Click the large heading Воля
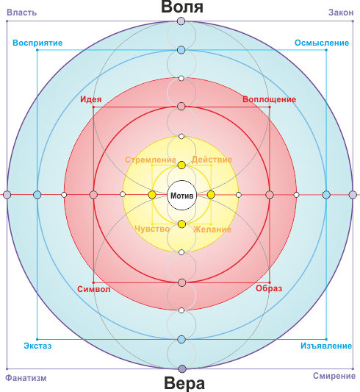click(x=182, y=7)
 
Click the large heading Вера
click(x=184, y=383)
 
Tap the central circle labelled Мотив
click(x=181, y=195)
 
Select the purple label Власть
click(x=22, y=13)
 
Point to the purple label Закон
click(x=341, y=13)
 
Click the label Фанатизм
click(x=26, y=378)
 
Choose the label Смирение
click(x=334, y=376)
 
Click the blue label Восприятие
click(x=37, y=43)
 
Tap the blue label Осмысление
click(x=322, y=43)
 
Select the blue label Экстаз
click(x=37, y=346)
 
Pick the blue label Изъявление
click(x=326, y=346)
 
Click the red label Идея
click(x=91, y=99)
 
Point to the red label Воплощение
click(x=270, y=99)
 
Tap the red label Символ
click(x=93, y=289)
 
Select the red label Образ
click(x=269, y=288)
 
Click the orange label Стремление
click(x=151, y=160)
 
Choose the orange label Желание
click(x=212, y=229)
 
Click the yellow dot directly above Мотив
click(x=181, y=165)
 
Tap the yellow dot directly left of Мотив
click(x=152, y=195)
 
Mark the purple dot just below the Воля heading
click(x=181, y=21)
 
